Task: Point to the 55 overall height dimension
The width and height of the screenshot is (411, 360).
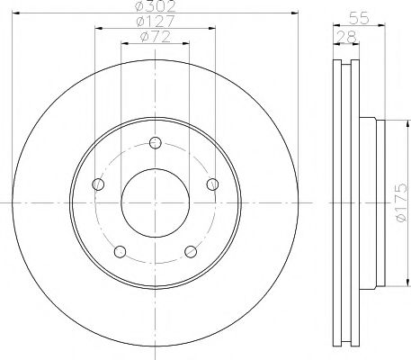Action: [357, 16]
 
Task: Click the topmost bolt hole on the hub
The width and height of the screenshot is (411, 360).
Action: [155, 142]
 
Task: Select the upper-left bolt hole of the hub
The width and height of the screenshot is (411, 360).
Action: [99, 184]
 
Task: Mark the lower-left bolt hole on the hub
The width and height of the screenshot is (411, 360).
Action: [120, 249]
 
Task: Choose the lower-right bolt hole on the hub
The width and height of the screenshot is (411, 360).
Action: [190, 249]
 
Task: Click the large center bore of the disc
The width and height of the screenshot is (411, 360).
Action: [155, 202]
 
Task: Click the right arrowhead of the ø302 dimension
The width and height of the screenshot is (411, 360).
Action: [292, 13]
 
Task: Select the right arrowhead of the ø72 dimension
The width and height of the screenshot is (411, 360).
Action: [186, 43]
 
